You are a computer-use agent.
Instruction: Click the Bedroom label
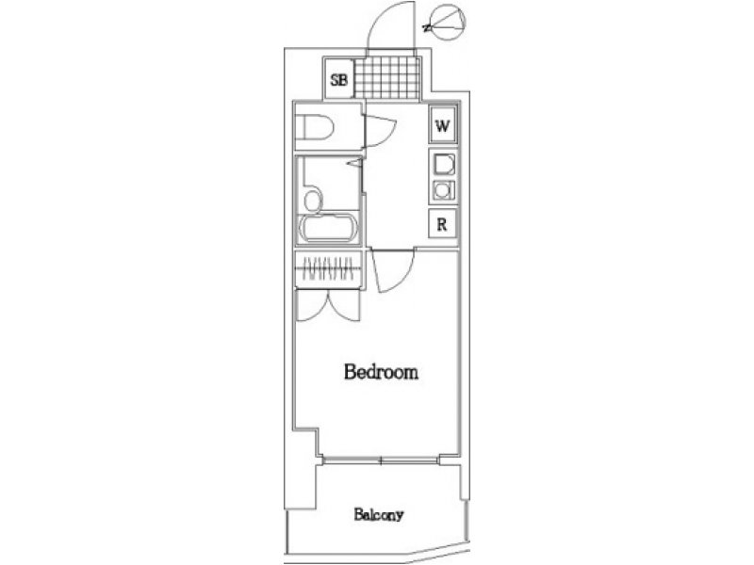coord(381,372)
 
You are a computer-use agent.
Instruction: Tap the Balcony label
coord(379,515)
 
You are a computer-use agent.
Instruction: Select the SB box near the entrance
coord(338,78)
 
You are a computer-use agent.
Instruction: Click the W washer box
coord(442,125)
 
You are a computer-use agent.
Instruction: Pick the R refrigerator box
coord(442,224)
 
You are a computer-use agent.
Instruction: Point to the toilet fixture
coord(315,127)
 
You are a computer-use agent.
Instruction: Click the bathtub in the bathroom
coord(329,229)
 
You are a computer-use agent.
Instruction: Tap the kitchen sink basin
coord(442,164)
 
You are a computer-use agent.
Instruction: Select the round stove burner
coord(442,190)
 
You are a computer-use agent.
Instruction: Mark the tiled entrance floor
coord(387,78)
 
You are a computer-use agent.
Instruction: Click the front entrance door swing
coord(389,25)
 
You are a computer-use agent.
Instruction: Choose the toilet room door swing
coord(380,131)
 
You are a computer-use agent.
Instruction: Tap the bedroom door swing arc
coord(393,270)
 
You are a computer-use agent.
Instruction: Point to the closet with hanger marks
coord(328,270)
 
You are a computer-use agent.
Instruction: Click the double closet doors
coord(328,305)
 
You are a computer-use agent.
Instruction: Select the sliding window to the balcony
coord(381,460)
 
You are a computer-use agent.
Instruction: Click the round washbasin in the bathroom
coord(313,201)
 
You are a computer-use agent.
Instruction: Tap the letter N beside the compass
coord(426,28)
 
